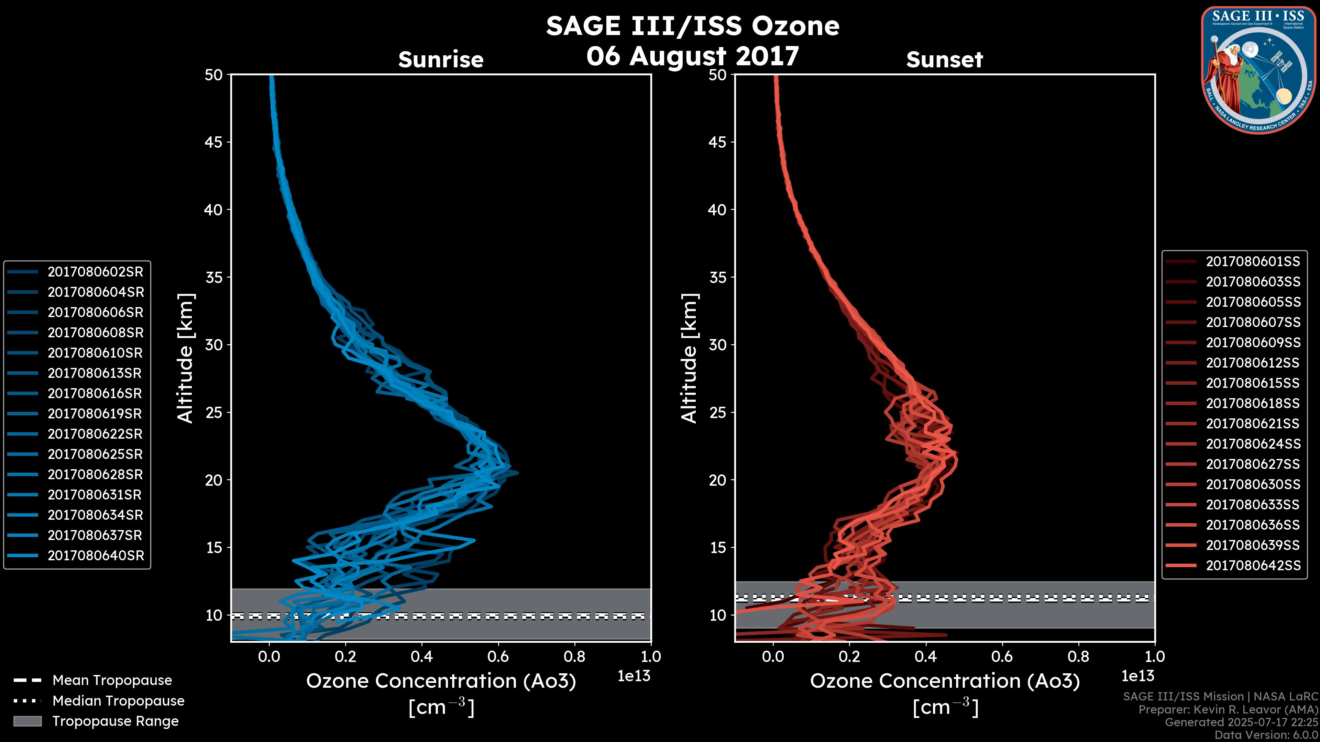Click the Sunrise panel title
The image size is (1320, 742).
pyautogui.click(x=441, y=59)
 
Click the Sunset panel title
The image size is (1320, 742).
pyautogui.click(x=944, y=59)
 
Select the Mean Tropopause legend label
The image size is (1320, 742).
pyautogui.click(x=112, y=680)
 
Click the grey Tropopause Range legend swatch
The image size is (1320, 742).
pyautogui.click(x=27, y=721)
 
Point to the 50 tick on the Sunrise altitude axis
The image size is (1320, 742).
pyautogui.click(x=214, y=75)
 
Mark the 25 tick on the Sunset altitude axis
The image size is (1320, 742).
pyautogui.click(x=718, y=412)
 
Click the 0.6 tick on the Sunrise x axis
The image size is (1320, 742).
pyautogui.click(x=498, y=656)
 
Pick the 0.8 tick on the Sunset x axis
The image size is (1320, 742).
pyautogui.click(x=1078, y=656)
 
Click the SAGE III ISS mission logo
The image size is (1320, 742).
pyautogui.click(x=1258, y=69)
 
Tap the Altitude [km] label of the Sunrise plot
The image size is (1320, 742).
pyautogui.click(x=186, y=358)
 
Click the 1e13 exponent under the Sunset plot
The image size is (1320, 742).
pyautogui.click(x=1137, y=676)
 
